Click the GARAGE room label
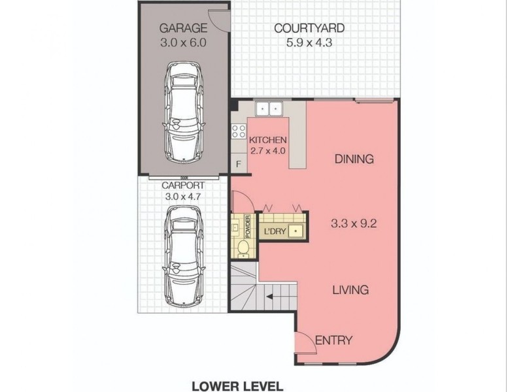pyautogui.click(x=184, y=28)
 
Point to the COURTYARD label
pyautogui.click(x=309, y=28)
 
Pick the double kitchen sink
pyautogui.click(x=267, y=108)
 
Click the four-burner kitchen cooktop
pyautogui.click(x=238, y=131)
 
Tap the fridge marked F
pyautogui.click(x=238, y=163)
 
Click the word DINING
pyautogui.click(x=354, y=159)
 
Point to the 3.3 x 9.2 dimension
pyautogui.click(x=353, y=222)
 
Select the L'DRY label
pyautogui.click(x=275, y=231)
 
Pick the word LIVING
pyautogui.click(x=350, y=290)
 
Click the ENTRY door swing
pyautogui.click(x=303, y=341)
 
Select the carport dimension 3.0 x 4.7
pyautogui.click(x=184, y=195)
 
